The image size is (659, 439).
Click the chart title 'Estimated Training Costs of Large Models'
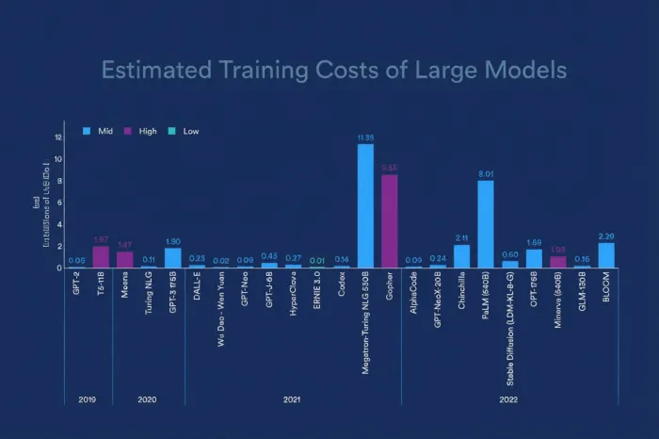334,71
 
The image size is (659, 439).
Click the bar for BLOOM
606,255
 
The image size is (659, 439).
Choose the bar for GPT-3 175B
173,258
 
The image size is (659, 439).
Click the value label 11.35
365,138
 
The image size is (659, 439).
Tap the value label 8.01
486,173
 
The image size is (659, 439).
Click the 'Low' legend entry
185,131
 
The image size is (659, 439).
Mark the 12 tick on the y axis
58,138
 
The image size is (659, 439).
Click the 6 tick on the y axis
59,203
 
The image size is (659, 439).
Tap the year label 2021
292,399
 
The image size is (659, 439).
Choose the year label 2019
88,399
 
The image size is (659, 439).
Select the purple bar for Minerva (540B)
558,262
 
